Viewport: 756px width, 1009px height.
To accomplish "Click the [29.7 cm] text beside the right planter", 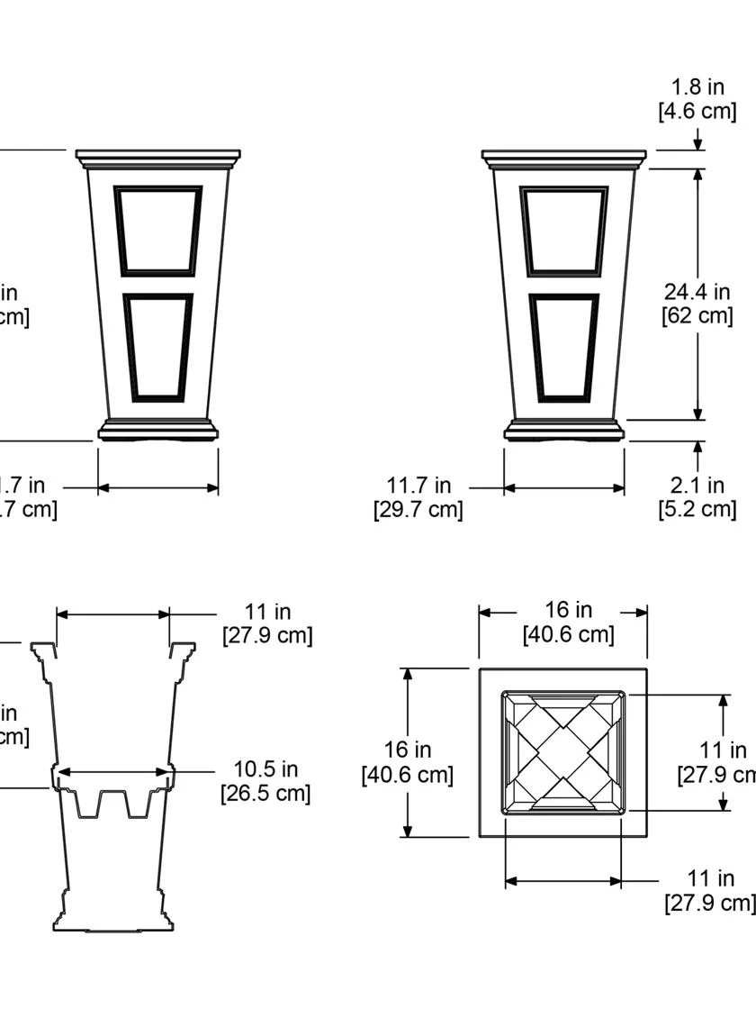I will pos(418,509).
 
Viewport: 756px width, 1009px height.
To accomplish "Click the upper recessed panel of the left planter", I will pos(157,231).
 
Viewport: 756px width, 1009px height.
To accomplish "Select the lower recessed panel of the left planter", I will pos(157,347).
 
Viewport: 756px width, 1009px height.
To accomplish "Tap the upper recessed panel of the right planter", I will pos(563,231).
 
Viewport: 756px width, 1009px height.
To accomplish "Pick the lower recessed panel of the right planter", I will pos(563,347).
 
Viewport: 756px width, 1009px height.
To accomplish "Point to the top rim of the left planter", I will pos(158,159).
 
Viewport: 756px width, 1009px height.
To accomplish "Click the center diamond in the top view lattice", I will pos(563,752).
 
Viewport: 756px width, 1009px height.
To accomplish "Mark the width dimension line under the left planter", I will pos(158,488).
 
